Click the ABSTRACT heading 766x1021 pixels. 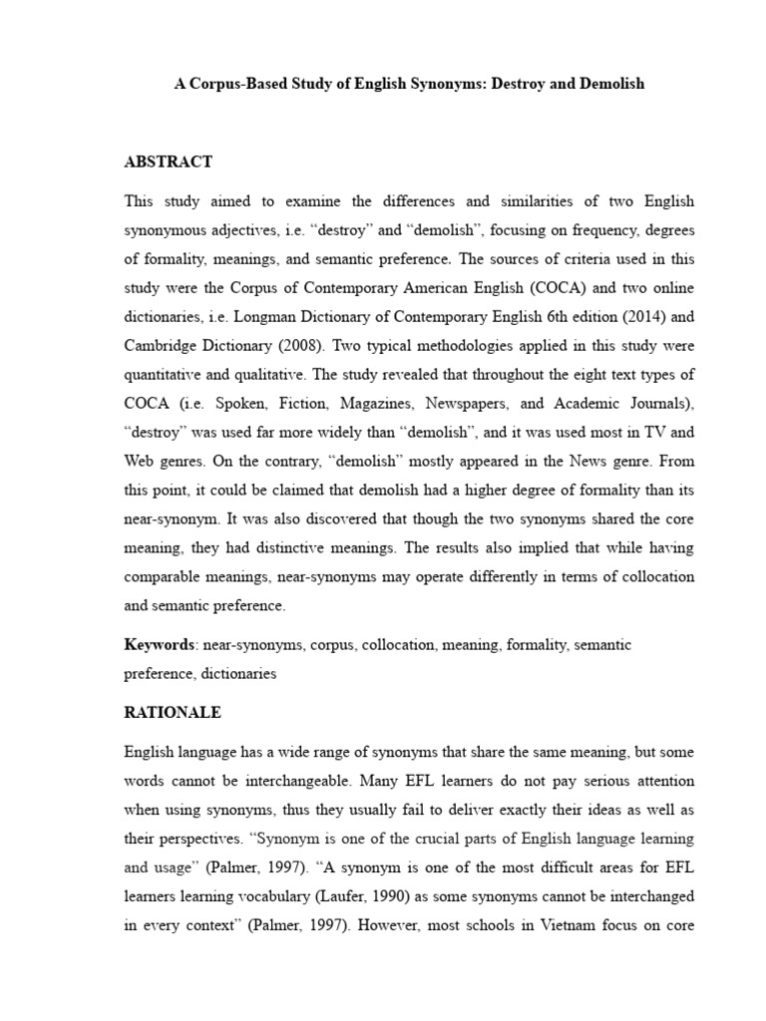[168, 162]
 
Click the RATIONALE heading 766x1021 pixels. [173, 713]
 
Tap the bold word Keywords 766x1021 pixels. [159, 645]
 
